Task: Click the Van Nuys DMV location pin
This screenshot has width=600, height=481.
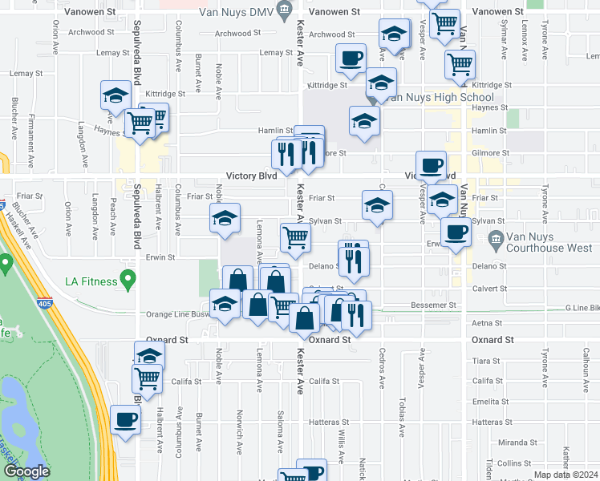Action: click(283, 10)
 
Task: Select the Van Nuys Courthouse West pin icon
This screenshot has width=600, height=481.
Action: click(495, 239)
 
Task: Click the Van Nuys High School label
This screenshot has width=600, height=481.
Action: click(436, 98)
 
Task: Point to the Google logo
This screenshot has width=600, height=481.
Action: click(26, 471)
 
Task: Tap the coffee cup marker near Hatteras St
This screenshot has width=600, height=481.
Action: click(126, 419)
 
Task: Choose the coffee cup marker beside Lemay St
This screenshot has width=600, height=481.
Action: click(351, 59)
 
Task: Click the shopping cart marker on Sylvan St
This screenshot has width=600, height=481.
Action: click(295, 236)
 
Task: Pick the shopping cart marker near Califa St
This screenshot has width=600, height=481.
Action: click(147, 377)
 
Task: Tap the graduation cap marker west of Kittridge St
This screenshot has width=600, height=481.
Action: click(116, 96)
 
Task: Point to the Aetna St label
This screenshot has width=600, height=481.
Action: click(487, 322)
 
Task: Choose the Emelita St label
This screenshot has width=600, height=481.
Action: click(487, 401)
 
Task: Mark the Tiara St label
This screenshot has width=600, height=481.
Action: click(487, 361)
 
